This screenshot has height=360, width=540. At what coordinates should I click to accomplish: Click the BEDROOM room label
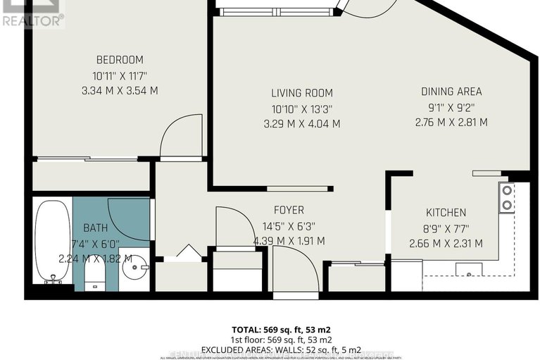[x=120, y=59]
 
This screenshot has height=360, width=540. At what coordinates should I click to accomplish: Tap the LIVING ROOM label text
[x=302, y=92]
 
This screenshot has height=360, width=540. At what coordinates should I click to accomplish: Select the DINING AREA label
[x=451, y=91]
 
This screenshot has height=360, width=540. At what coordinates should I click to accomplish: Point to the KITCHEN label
[x=446, y=212]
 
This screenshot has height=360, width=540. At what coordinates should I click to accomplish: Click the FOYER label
[x=289, y=210]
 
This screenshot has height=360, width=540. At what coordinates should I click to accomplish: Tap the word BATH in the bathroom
[x=95, y=228]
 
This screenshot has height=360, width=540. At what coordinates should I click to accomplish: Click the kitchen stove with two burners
[x=506, y=197]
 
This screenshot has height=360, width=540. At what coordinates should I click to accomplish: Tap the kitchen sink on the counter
[x=467, y=268]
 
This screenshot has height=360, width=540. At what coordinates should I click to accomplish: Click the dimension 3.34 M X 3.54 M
[x=120, y=90]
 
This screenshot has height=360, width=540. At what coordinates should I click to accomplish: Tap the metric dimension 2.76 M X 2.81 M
[x=451, y=122]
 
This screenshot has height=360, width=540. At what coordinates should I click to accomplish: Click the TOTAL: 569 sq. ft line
[x=282, y=330]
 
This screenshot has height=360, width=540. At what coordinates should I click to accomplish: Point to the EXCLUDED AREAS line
[x=282, y=349]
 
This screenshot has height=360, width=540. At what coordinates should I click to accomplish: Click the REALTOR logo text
[x=32, y=20]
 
